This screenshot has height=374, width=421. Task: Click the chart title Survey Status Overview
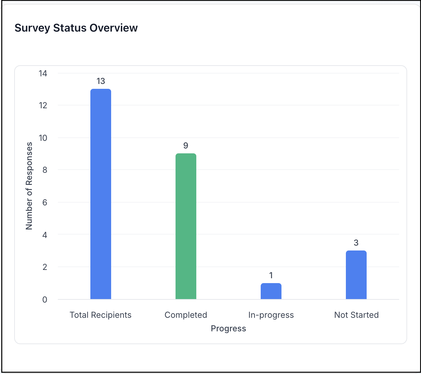(x=76, y=28)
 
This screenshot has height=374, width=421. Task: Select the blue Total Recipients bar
(x=101, y=194)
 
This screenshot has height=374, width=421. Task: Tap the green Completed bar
(x=186, y=226)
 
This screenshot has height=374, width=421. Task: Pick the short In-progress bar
(x=271, y=291)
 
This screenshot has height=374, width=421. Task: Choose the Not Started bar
(x=356, y=275)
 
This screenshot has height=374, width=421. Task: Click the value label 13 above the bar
(x=101, y=81)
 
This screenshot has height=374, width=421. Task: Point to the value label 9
(x=186, y=146)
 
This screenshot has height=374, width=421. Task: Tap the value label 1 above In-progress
(x=271, y=275)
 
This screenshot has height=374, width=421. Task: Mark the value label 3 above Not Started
(x=356, y=243)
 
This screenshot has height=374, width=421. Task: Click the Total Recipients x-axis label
(x=101, y=315)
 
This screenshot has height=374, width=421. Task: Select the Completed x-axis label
(x=186, y=315)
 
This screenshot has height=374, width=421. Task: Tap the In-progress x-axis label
(x=271, y=315)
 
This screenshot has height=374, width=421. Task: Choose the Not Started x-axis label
(x=356, y=315)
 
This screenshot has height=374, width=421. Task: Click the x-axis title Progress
(x=229, y=329)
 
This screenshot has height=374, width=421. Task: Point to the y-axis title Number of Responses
(x=29, y=186)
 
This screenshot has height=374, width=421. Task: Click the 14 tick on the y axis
(x=43, y=73)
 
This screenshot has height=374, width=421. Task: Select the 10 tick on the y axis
(x=43, y=138)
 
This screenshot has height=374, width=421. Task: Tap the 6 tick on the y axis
(x=45, y=202)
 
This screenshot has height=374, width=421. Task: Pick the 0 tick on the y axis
(x=45, y=299)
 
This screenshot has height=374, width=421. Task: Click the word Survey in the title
(x=33, y=28)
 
